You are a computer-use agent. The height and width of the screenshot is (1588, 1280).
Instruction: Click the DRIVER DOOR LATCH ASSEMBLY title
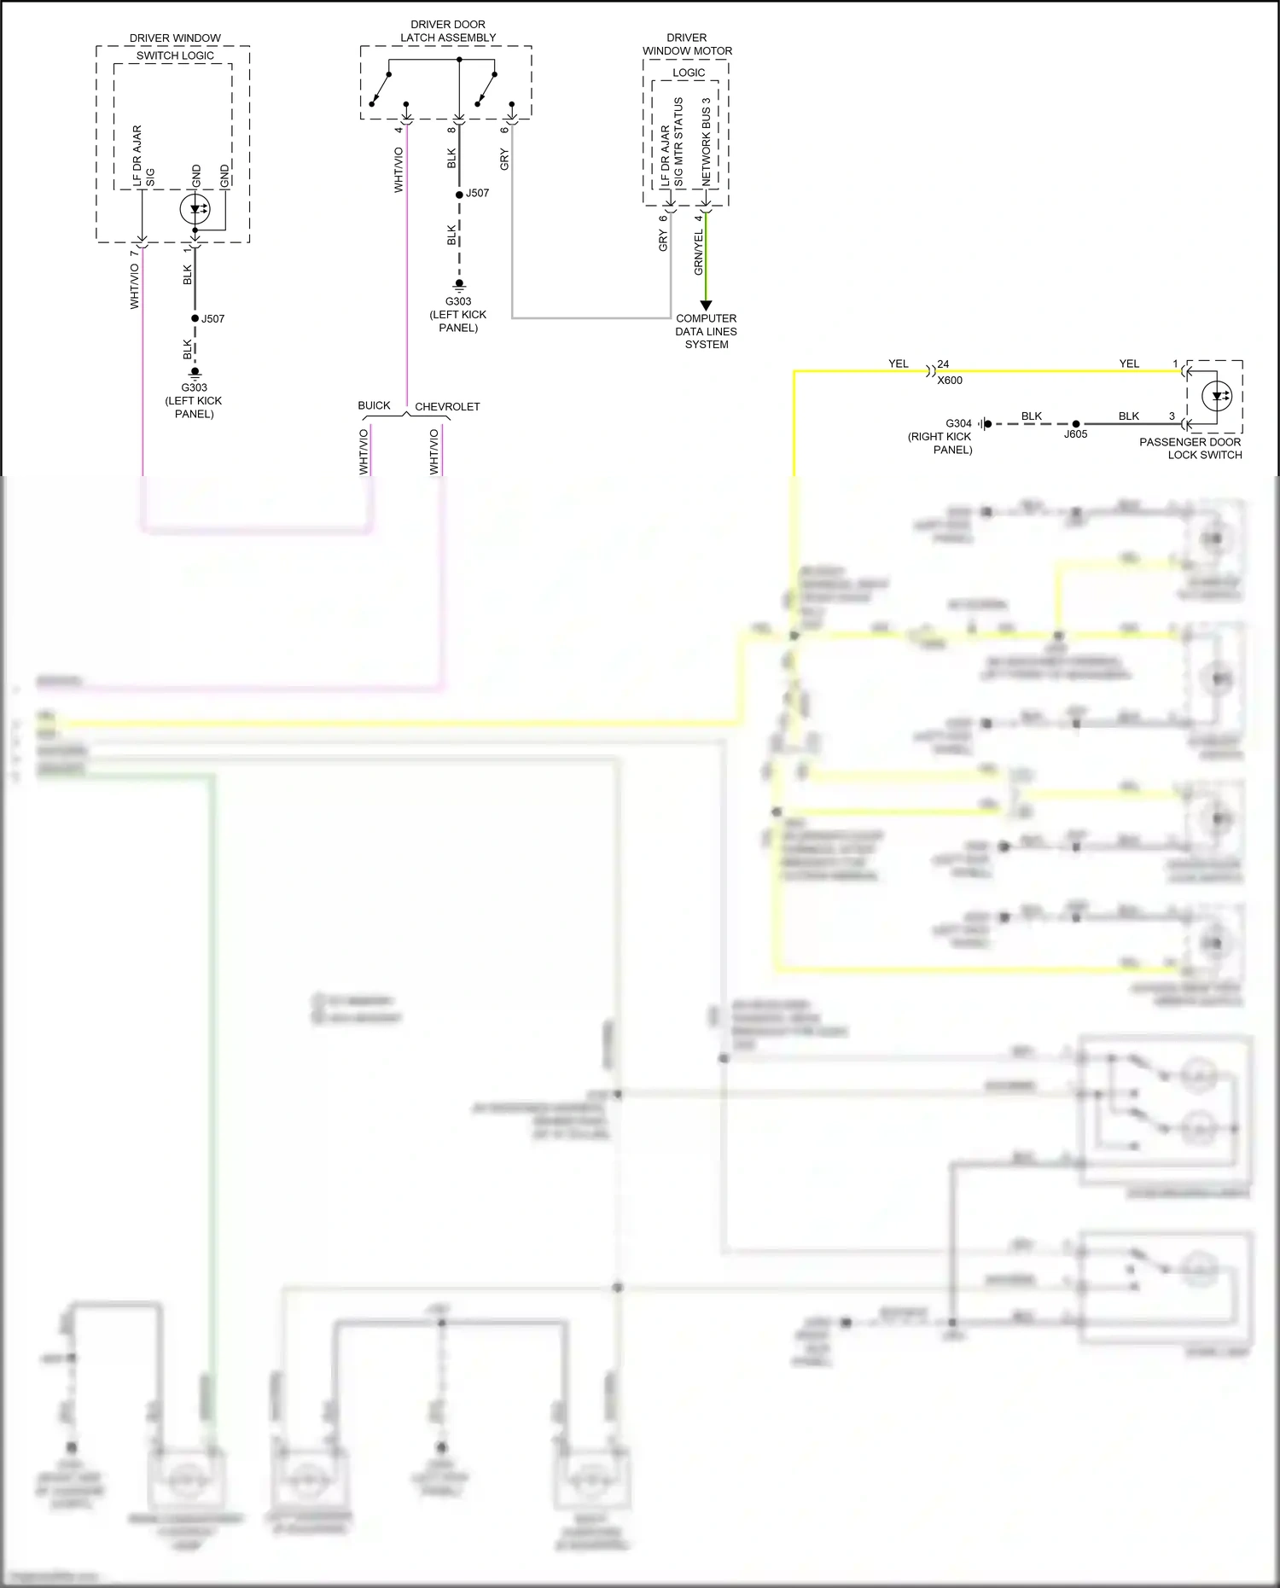(x=448, y=32)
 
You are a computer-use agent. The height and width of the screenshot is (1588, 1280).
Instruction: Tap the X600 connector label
(x=950, y=381)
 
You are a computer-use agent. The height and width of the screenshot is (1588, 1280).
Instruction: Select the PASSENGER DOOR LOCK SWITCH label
(x=1190, y=449)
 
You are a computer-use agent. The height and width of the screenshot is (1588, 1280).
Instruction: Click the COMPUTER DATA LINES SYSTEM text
(x=706, y=331)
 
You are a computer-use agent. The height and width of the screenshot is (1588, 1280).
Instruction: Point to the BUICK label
(x=374, y=405)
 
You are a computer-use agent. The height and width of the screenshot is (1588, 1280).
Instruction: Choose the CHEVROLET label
(x=447, y=407)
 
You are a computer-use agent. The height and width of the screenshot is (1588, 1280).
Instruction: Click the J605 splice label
(x=1075, y=434)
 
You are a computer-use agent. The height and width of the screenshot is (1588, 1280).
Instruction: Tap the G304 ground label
(x=958, y=423)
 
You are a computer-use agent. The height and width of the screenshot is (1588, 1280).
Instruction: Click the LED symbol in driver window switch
(x=195, y=209)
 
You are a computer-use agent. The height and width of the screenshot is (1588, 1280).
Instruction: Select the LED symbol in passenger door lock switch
(x=1216, y=396)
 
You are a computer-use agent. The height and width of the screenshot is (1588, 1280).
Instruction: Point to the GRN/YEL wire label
(x=699, y=253)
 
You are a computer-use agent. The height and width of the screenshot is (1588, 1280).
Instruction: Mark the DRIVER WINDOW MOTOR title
(x=687, y=44)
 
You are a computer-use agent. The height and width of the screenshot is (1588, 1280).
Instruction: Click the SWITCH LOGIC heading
(x=175, y=55)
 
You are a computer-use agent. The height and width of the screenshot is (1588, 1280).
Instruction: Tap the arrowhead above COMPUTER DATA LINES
(x=706, y=305)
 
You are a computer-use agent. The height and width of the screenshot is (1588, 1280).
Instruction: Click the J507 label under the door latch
(x=477, y=193)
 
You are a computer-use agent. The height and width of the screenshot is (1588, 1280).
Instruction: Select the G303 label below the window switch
(x=194, y=387)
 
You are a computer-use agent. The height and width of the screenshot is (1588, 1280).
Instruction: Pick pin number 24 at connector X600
(x=943, y=364)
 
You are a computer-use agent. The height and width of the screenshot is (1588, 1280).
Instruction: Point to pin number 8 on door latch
(x=451, y=130)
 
